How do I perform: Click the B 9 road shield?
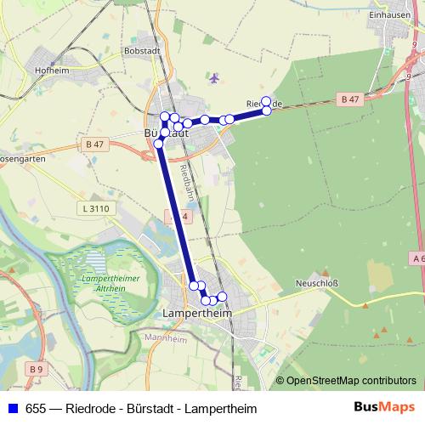36,370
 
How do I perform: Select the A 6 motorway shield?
417,258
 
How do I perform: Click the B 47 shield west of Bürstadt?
94,145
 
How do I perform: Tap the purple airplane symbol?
214,79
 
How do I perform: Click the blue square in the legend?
12,409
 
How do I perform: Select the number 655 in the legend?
37,409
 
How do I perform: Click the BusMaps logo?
378,409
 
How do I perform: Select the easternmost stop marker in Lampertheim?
223,297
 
